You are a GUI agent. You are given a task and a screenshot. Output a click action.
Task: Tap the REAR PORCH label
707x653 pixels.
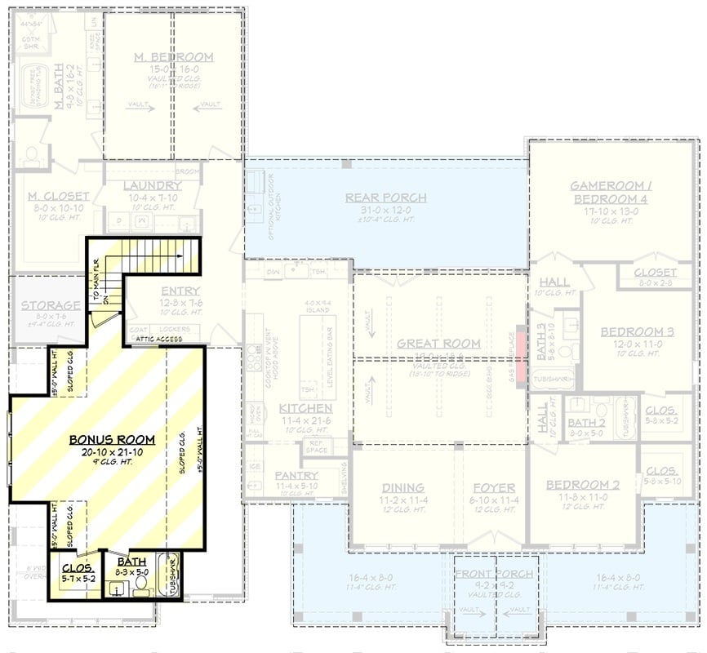[x=386, y=198]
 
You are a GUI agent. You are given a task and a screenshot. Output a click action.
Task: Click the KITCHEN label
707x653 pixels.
[x=305, y=408]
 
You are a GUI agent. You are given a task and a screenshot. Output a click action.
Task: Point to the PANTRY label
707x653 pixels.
[x=296, y=475]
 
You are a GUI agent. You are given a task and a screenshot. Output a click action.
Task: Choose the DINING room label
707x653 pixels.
[x=402, y=487]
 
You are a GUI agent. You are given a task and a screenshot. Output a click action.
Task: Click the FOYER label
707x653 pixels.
[x=495, y=487]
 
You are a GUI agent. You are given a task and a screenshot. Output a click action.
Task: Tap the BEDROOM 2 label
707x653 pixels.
[x=582, y=485]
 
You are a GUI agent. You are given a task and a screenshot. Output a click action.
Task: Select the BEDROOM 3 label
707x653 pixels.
[x=637, y=332]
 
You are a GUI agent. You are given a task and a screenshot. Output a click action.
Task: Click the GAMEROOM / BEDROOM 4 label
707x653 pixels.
[x=610, y=193]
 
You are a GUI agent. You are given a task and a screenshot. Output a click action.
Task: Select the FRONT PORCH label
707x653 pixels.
[x=494, y=574]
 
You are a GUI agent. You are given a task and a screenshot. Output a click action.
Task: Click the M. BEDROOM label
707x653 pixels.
[x=173, y=57]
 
